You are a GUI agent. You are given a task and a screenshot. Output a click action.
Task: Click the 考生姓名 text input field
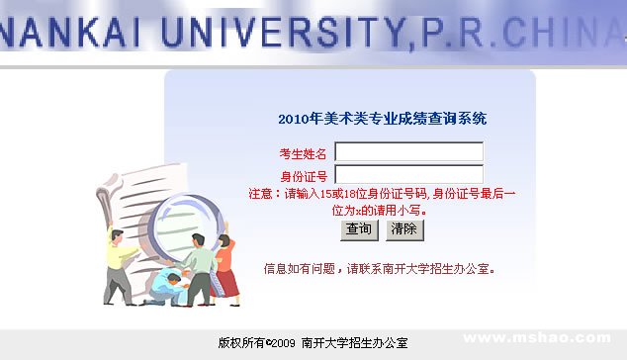tap(409, 152)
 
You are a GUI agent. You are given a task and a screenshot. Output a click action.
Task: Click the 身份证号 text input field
tap(409, 175)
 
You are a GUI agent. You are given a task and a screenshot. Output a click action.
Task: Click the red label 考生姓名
tap(303, 153)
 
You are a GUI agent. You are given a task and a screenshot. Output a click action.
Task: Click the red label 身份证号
tap(303, 176)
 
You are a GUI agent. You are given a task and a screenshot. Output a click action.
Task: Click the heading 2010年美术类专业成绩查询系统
tap(382, 119)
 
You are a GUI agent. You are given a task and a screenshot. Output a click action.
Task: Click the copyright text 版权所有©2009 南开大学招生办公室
tap(313, 343)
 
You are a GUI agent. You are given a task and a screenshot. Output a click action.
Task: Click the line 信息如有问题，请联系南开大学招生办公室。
tap(379, 268)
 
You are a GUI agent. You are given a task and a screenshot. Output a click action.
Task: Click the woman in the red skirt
tap(226, 267)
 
